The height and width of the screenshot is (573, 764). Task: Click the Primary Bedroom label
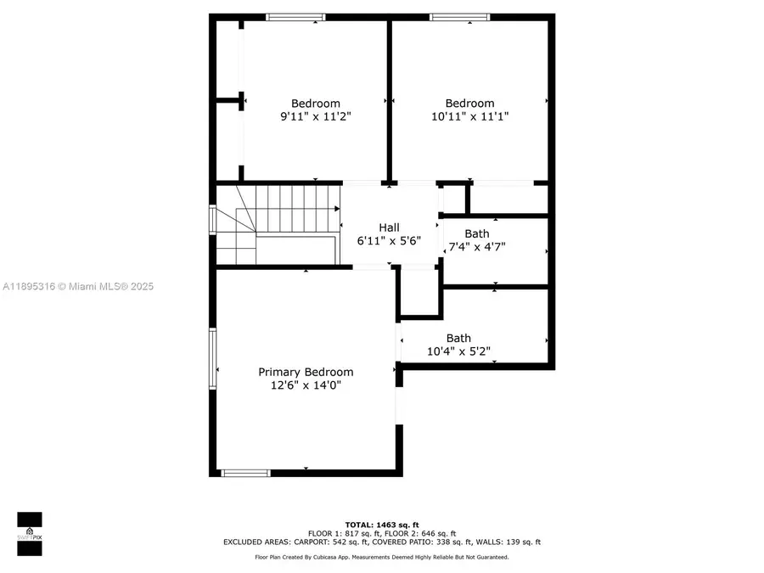click(x=306, y=372)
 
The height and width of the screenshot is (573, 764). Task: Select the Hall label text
click(x=389, y=227)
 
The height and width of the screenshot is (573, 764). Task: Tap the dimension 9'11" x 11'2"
click(x=316, y=117)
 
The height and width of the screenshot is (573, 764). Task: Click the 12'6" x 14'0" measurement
click(x=306, y=385)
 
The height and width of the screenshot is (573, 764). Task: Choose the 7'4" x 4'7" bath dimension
click(x=478, y=248)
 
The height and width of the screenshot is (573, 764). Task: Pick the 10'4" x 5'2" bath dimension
click(x=458, y=351)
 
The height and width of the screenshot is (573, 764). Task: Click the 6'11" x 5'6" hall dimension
click(x=389, y=240)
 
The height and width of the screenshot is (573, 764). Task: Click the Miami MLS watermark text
click(x=77, y=287)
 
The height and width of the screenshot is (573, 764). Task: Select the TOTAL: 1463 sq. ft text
click(x=381, y=525)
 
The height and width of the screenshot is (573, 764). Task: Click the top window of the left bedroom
click(x=295, y=17)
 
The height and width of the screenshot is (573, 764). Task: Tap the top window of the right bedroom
click(x=459, y=17)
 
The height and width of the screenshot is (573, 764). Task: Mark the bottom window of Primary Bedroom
click(x=245, y=473)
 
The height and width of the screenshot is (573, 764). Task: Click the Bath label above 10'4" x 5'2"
click(x=458, y=338)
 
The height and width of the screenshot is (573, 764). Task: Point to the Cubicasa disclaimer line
click(x=381, y=558)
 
